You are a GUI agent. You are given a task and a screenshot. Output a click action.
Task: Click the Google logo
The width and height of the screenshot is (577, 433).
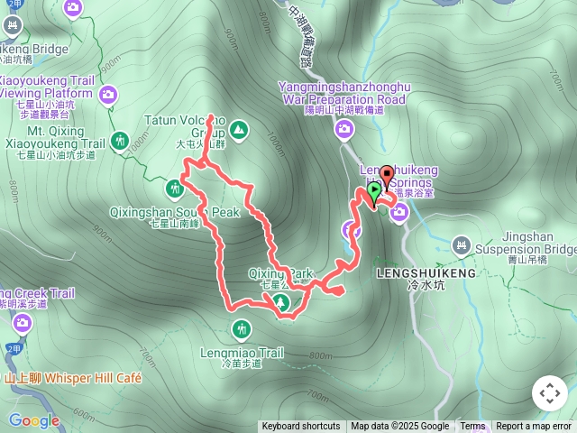tap(33, 420)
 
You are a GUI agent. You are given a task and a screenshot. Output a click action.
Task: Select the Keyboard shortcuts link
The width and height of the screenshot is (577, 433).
tap(301, 427)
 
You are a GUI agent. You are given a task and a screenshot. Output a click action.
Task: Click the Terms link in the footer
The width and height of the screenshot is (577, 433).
tap(472, 427)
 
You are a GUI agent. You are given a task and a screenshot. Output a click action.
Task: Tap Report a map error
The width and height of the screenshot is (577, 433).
tap(534, 427)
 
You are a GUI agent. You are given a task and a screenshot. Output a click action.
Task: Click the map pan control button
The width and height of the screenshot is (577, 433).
tap(549, 393)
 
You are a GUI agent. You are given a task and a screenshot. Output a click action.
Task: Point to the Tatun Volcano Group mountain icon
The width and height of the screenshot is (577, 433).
tap(238, 130)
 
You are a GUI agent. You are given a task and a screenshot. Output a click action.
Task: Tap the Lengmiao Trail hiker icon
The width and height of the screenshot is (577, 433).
tap(241, 329)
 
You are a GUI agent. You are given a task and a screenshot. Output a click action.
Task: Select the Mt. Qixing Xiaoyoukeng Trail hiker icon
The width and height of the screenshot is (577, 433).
tap(121, 141)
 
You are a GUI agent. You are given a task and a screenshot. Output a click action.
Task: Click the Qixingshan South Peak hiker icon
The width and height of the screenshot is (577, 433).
tap(174, 189)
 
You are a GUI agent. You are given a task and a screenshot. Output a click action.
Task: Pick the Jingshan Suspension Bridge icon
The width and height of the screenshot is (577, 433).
tap(462, 244)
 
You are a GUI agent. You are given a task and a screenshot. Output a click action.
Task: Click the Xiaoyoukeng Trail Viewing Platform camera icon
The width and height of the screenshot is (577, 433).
tap(109, 94)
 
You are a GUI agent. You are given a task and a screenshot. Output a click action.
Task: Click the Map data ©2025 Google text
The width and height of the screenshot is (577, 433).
tap(399, 427)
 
